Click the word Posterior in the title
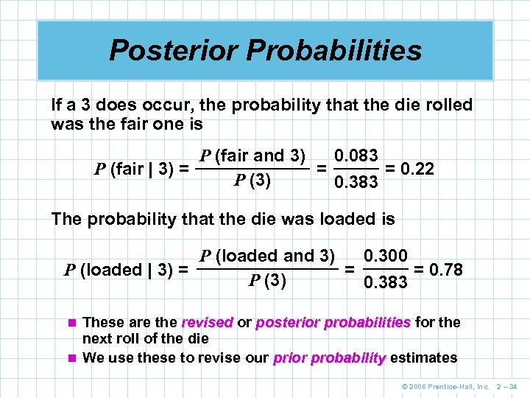[174, 50]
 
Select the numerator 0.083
[356, 156]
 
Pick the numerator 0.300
[386, 256]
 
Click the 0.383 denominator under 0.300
[386, 282]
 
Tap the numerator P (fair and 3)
[252, 156]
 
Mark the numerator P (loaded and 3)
[267, 256]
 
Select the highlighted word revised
[207, 322]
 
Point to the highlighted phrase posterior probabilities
[333, 322]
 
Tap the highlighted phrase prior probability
[329, 358]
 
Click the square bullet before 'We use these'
[71, 358]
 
